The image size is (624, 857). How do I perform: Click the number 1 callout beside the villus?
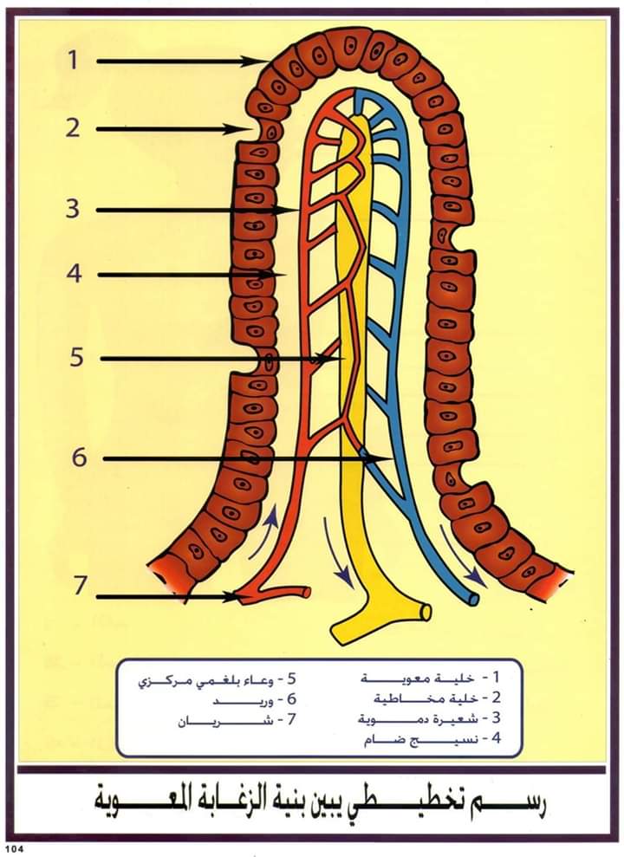tap(73, 60)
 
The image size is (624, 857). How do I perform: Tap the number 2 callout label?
tap(73, 127)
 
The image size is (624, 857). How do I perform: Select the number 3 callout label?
tap(73, 209)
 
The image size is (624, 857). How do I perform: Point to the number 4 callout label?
tap(74, 273)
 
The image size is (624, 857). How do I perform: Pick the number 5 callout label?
tap(76, 358)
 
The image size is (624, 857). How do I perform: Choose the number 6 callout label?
tap(79, 457)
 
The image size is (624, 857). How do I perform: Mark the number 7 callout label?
tap(80, 586)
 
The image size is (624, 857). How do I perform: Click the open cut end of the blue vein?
tap(474, 600)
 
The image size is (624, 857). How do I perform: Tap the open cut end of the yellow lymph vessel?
tap(426, 612)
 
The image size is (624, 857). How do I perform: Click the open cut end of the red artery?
tap(307, 591)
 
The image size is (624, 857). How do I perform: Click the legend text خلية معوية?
tap(417, 678)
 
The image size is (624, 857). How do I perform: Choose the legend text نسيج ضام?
tap(421, 739)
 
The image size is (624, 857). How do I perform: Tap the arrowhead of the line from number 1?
tap(259, 62)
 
